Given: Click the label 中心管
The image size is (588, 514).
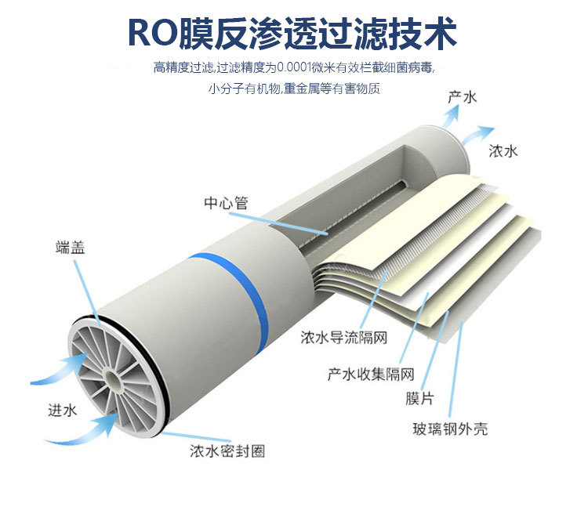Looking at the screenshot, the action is coord(226,203).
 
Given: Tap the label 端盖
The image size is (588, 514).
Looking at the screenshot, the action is coord(71,248).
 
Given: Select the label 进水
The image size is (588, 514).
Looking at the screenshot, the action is coord(62,410).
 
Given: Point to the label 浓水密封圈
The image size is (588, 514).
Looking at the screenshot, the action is coord(227,451).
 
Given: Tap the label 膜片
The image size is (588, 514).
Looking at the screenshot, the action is coord(419,399).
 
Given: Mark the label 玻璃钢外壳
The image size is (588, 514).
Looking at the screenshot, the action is coord(451,429).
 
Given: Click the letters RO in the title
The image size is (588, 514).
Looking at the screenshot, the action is coord(152,34).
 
